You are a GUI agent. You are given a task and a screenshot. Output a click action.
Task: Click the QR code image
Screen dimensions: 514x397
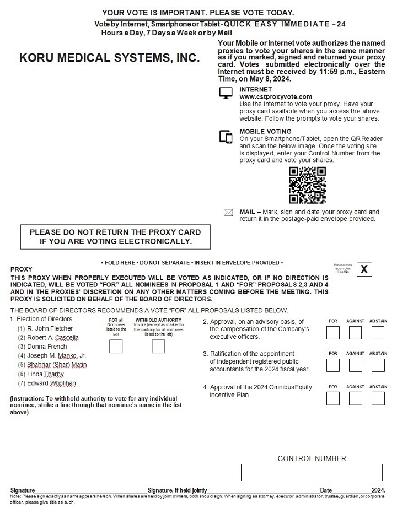307,185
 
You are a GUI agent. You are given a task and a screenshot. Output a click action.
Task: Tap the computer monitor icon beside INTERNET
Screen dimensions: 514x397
226,94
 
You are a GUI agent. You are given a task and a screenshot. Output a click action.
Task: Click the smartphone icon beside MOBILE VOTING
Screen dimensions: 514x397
226,137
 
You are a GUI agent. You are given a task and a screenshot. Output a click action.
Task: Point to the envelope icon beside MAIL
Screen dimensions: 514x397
228,213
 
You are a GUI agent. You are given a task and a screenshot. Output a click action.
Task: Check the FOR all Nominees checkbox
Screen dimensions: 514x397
116,346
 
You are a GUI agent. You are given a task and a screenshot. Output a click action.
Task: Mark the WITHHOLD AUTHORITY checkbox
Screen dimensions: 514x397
158,346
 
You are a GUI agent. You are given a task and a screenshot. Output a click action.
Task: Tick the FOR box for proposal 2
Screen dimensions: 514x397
333,333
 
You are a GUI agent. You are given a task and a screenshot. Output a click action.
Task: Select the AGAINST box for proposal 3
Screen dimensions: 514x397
355,365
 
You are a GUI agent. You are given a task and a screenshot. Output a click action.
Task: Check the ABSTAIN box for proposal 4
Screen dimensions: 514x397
378,398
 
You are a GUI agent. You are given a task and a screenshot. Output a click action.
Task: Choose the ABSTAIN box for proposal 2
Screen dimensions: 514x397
378,333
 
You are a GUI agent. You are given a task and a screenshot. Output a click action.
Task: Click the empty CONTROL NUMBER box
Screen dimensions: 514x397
312,473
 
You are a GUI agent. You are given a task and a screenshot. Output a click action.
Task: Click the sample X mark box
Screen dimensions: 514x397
364,269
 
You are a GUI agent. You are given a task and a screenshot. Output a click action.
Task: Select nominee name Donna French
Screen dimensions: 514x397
47,347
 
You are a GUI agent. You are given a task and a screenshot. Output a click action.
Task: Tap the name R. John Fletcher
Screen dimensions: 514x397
50,328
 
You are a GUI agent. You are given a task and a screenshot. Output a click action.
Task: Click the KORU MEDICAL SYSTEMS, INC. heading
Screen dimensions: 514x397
109,58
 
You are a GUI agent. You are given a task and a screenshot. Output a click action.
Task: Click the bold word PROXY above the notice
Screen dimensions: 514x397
22,269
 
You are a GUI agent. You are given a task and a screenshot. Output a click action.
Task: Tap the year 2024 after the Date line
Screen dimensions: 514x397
378,490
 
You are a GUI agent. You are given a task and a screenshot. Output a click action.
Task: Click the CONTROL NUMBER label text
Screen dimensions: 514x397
312,458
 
